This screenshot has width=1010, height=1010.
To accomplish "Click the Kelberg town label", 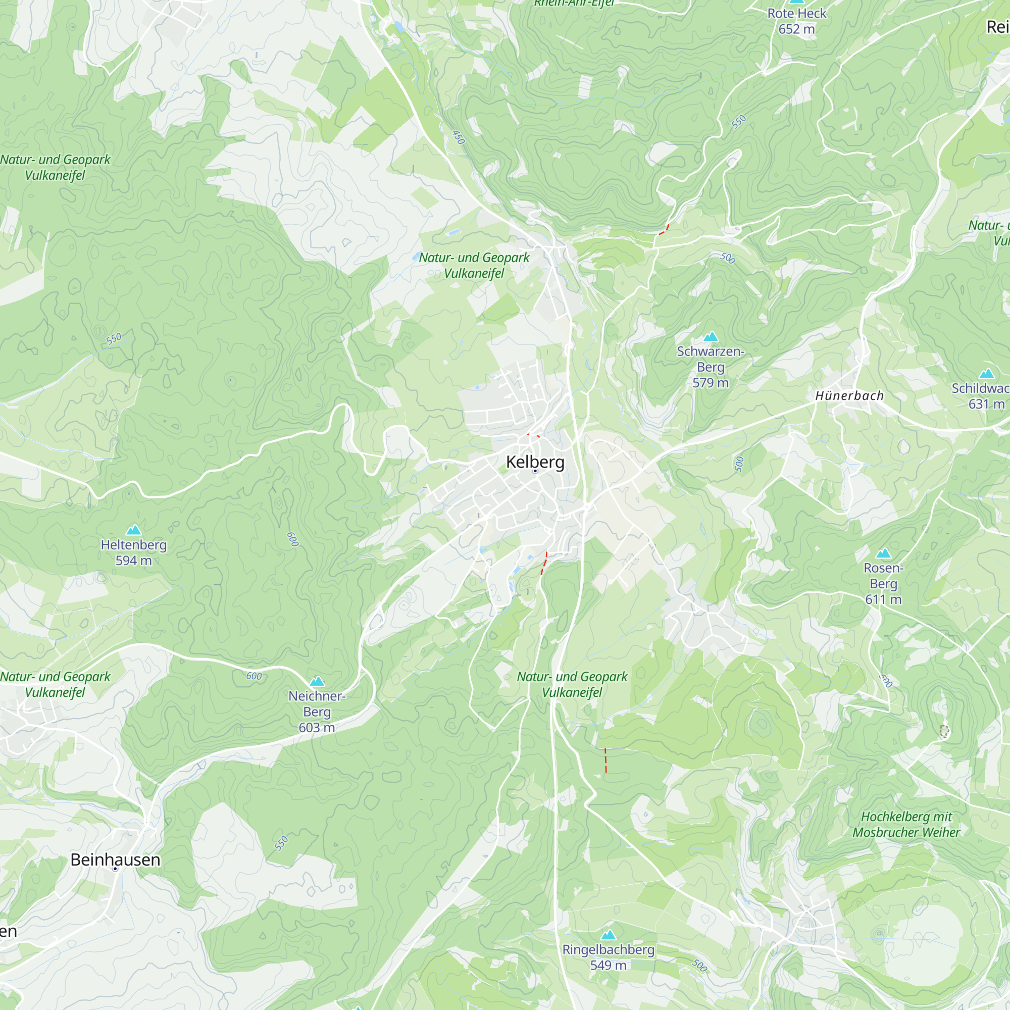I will (535, 462).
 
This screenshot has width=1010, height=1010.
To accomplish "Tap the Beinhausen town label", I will (115, 860).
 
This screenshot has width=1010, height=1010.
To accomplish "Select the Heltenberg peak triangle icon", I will (134, 530).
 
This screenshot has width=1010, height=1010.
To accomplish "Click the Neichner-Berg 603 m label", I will (317, 712).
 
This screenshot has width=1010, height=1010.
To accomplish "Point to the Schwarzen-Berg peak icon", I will (711, 337).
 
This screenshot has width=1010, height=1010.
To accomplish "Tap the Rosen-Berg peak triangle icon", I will (883, 553).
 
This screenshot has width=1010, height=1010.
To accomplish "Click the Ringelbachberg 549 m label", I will (608, 957).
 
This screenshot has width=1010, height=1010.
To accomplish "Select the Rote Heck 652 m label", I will (796, 21).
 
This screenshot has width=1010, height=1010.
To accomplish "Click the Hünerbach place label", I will (849, 396).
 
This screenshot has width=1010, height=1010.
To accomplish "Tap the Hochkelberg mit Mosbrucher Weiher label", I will (906, 825).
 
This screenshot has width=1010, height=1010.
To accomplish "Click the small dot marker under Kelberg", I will (535, 471).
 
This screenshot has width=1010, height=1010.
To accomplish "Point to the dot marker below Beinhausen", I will (115, 869).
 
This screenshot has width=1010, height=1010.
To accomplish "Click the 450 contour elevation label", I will (458, 137).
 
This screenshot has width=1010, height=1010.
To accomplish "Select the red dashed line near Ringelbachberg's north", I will (606, 760).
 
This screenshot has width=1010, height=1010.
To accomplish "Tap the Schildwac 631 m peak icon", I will (986, 373).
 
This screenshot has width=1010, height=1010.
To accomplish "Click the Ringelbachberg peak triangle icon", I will (608, 935).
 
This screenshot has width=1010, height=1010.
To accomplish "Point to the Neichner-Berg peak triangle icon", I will (317, 681).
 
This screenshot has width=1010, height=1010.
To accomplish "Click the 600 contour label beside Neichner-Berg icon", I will (254, 676).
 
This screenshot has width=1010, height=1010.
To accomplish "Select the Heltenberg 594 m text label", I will (134, 552).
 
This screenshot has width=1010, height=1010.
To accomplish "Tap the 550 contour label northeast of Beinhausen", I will (281, 844).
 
